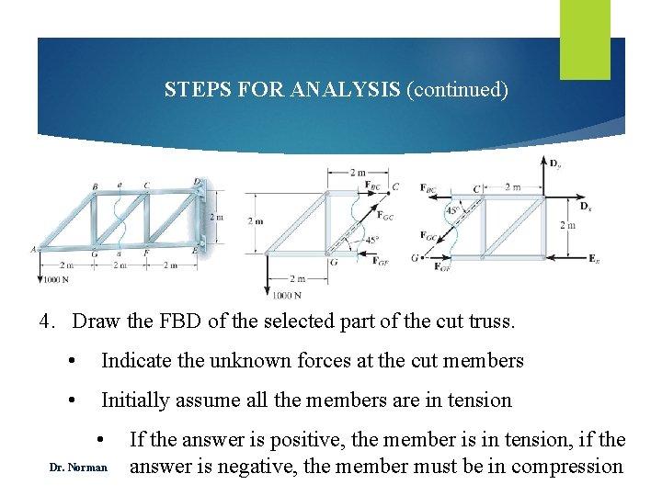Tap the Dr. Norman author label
pos(78,468)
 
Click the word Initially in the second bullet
pos(139,400)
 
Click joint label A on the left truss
pos(33,248)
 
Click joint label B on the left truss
pos(95,186)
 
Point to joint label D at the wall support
pos(196,182)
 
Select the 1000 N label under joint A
pos(56,278)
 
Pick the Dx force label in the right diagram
pos(586,209)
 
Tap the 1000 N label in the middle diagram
pos(287,295)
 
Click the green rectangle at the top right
pos(585,26)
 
